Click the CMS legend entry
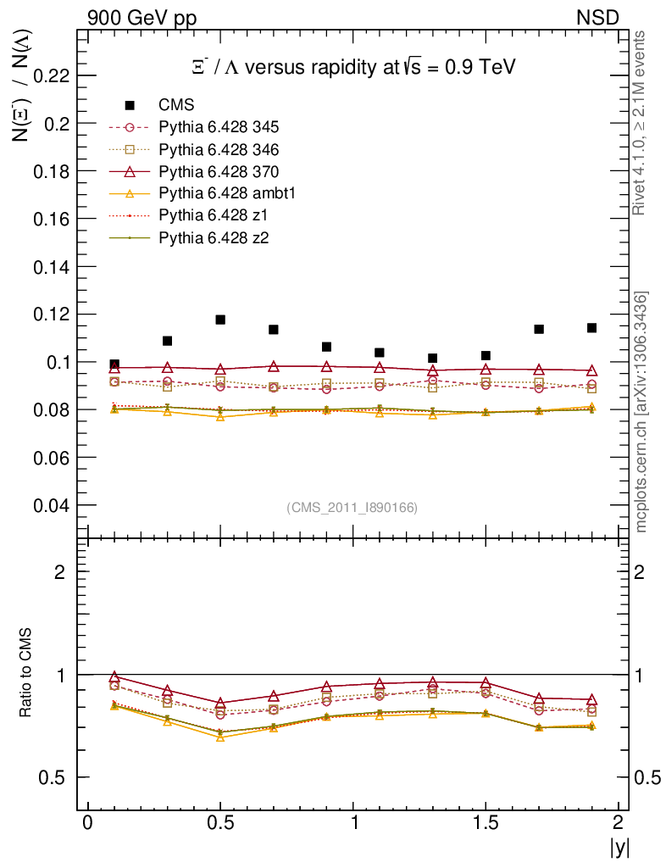click(177, 105)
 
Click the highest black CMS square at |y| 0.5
click(220, 320)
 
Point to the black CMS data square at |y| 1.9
click(591, 328)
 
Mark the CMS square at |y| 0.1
click(114, 364)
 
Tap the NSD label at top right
click(598, 17)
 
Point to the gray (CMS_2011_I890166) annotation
click(352, 507)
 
